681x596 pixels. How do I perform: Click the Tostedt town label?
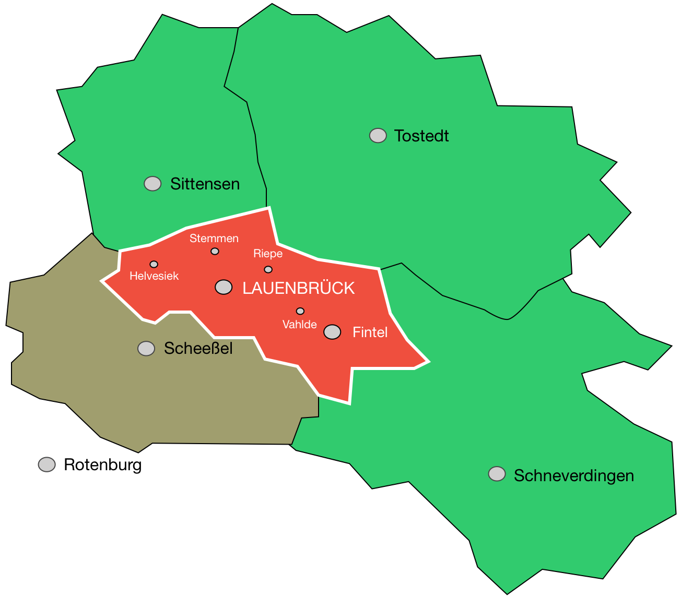coord(421,136)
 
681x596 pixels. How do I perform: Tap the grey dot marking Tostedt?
coord(378,136)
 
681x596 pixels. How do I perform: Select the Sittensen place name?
coord(205,184)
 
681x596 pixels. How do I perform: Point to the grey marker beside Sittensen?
coord(152,184)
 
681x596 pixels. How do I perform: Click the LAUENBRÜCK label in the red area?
coord(298,288)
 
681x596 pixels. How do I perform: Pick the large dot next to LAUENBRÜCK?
coord(224,287)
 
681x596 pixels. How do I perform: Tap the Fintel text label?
coord(370,332)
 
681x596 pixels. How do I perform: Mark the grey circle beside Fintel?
coord(332,332)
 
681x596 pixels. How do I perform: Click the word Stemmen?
coord(214,239)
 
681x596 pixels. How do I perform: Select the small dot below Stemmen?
coord(215,252)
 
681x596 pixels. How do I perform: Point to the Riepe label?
coord(268,254)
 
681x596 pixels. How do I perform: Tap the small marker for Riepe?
coord(268,269)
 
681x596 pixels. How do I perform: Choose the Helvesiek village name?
coord(154,276)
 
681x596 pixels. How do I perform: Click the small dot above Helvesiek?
coord(154,264)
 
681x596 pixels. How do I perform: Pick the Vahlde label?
coord(299,325)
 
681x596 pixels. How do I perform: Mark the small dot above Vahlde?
coord(300,311)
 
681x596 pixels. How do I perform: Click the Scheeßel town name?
coord(198,349)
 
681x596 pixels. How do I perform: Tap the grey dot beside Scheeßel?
coord(146,349)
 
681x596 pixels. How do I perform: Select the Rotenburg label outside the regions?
coord(102,464)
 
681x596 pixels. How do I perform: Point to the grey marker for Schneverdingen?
coord(497,474)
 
